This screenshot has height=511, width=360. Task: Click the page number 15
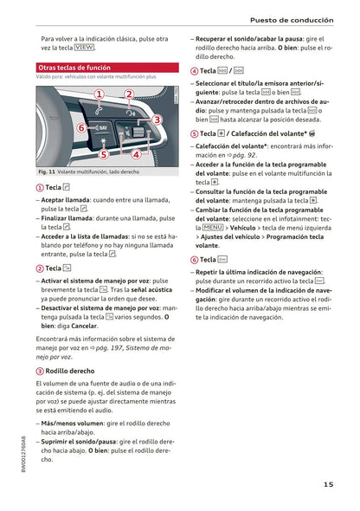[x=330, y=485]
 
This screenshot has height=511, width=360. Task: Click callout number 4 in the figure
[x=136, y=154]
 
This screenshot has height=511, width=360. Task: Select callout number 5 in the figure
[x=103, y=155]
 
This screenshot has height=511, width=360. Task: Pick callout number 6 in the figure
[x=80, y=127]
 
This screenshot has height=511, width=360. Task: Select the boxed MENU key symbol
[x=213, y=227]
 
